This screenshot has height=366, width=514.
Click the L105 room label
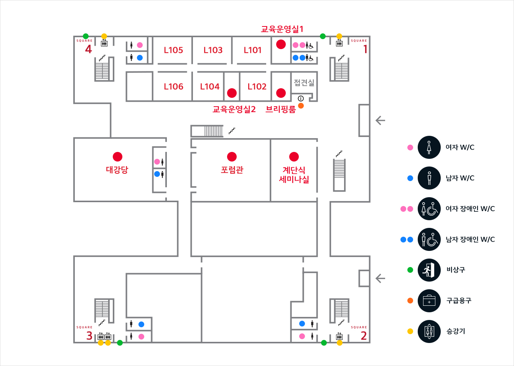[173, 50]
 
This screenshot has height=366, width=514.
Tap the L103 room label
[213, 50]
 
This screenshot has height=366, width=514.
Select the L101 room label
[252, 50]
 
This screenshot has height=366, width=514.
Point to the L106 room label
[173, 87]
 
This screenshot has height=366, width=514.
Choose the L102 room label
[257, 87]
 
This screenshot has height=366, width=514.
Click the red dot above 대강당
[117, 157]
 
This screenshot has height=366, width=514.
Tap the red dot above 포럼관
[232, 157]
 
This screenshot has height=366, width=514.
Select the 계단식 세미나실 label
[294, 175]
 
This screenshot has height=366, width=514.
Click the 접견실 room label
[304, 82]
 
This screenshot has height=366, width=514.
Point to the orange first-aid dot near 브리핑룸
[301, 106]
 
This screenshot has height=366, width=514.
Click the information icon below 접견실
[301, 99]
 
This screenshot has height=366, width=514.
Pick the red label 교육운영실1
[282, 29]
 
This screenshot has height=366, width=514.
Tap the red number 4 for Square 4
[89, 49]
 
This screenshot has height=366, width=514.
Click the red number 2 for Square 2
[364, 336]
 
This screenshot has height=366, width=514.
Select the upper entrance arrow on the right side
[380, 120]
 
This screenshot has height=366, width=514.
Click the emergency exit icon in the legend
[429, 270]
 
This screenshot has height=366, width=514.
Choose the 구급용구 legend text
[459, 301]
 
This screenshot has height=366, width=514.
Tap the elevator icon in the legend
[429, 331]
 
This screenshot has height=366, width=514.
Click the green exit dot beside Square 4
[86, 36]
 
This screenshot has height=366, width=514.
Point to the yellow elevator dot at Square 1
[339, 36]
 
